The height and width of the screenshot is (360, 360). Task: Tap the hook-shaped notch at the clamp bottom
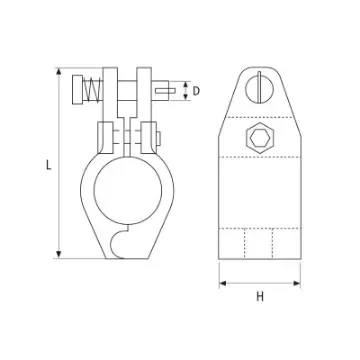tap(123, 239)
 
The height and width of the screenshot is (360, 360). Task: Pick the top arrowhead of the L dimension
tap(60, 70)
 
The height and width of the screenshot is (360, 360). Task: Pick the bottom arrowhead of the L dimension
tap(60, 258)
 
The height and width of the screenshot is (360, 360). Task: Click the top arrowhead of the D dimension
tap(184, 82)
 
